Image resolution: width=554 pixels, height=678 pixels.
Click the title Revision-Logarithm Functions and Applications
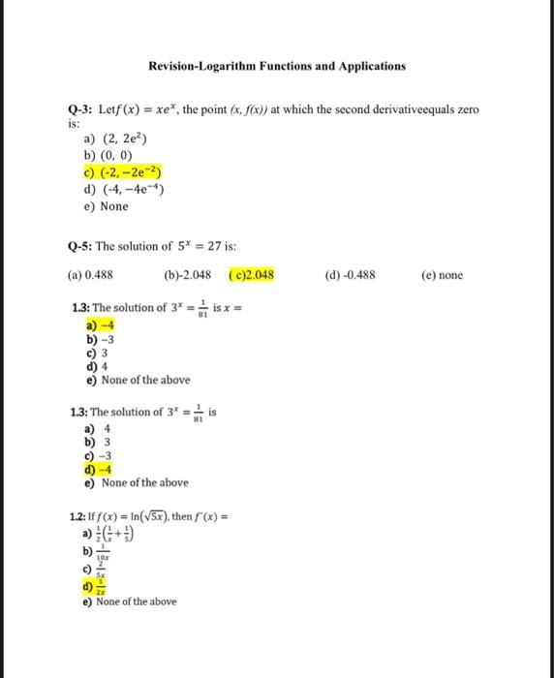pyautogui.click(x=277, y=66)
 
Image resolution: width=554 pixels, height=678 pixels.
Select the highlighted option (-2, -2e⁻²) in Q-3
pyautogui.click(x=122, y=172)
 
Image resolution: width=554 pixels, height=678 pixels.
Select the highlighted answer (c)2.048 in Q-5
pyautogui.click(x=252, y=275)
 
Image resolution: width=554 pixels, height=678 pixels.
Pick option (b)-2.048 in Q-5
pyautogui.click(x=188, y=275)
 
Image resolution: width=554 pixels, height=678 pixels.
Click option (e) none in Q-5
pyautogui.click(x=443, y=275)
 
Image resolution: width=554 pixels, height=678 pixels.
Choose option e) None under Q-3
pyautogui.click(x=108, y=205)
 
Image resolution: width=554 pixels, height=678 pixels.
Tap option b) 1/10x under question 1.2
pyautogui.click(x=99, y=551)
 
